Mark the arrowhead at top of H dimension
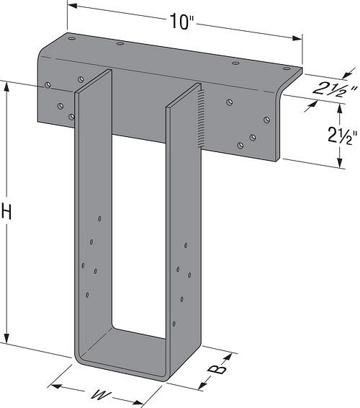[x=8, y=84]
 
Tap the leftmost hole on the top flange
[x=71, y=41]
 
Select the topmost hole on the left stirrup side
[x=101, y=217]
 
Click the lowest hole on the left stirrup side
[x=87, y=295]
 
